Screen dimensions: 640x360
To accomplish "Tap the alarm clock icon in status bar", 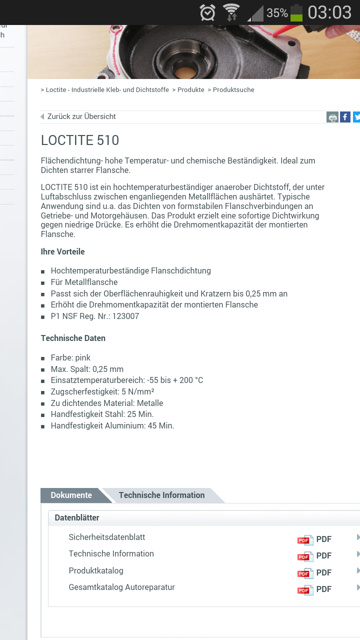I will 207,12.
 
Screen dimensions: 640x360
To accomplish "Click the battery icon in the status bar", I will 296,12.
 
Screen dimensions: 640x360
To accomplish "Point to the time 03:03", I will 329,12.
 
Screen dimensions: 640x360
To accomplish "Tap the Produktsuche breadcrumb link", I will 233,90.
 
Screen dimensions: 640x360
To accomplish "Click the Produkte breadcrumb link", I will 191,90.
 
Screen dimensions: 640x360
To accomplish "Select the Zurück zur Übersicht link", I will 81,116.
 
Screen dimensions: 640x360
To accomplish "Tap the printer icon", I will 332,117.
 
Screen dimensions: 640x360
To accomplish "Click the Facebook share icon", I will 345,117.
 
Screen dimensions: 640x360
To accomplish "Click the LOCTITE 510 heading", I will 80,140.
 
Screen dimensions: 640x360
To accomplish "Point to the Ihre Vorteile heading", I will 63,251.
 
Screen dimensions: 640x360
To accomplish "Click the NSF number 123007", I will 126,316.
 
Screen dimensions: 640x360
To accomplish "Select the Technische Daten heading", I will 73,338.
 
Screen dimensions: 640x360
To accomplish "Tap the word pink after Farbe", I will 83,358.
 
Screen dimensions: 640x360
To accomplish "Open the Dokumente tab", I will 71,495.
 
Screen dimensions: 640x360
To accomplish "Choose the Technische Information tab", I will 161,495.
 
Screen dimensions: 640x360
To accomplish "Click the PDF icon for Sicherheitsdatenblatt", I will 305,539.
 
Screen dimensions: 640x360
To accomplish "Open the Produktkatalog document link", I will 96,570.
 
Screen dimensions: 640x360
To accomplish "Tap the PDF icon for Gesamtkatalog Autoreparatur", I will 305,589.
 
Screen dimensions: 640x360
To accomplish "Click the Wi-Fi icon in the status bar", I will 231,12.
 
